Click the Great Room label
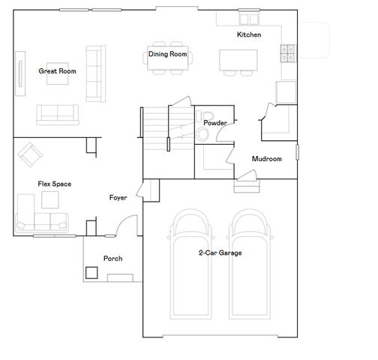click(57, 71)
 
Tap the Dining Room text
click(168, 54)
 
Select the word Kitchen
click(249, 34)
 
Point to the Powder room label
click(215, 123)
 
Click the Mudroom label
click(267, 159)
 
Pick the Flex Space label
click(55, 184)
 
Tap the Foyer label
click(118, 198)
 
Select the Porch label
click(113, 259)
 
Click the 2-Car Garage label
click(220, 253)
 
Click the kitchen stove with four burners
click(289, 53)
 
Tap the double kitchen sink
click(249, 19)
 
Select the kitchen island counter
click(238, 60)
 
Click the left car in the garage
click(190, 264)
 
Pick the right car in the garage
click(250, 264)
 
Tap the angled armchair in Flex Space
click(30, 154)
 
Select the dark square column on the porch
click(91, 273)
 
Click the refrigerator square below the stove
click(286, 92)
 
